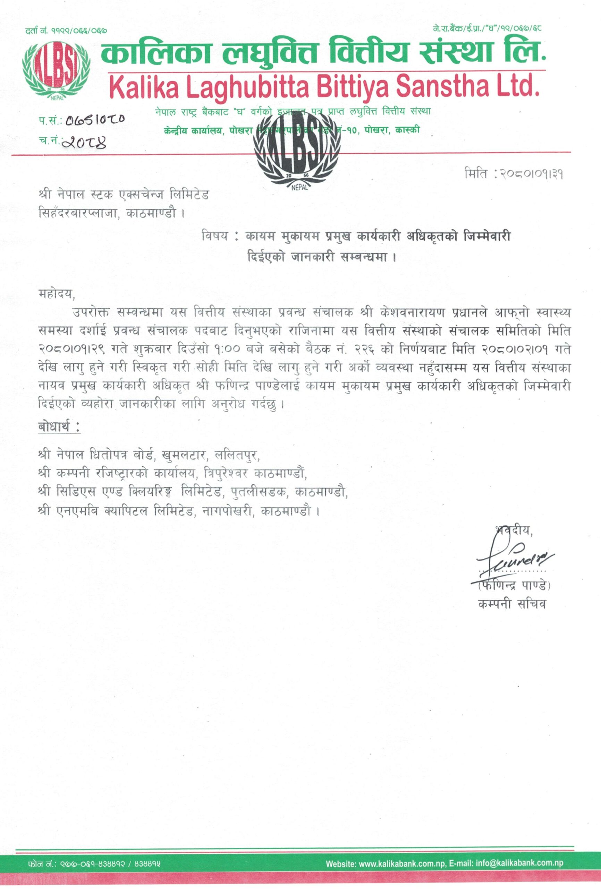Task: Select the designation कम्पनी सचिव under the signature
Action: click(x=511, y=604)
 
